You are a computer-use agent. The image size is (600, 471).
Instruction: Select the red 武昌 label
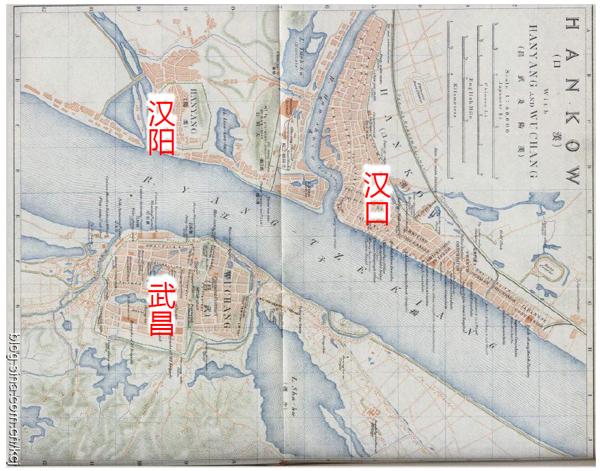(161, 308)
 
